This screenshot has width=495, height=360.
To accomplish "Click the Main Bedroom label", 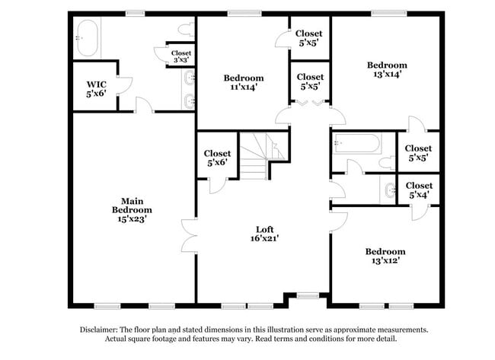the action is [x=132, y=210].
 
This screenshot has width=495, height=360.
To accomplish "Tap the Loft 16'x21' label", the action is [x=264, y=234].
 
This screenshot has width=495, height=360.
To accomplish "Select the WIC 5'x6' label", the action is [x=96, y=89].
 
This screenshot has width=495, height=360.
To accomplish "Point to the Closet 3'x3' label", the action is [x=181, y=56].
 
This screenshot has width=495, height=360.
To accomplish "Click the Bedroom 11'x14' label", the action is [x=244, y=82].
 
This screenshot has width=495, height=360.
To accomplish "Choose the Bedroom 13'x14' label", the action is [x=387, y=69].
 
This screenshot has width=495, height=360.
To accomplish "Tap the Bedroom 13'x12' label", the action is [x=385, y=256].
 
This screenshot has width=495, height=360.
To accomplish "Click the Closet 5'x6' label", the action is [x=217, y=158].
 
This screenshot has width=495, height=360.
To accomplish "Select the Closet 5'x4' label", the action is [x=419, y=190].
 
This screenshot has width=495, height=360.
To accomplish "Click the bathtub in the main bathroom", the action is [x=87, y=38].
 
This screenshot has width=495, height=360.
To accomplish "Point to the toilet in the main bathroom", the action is [x=186, y=30].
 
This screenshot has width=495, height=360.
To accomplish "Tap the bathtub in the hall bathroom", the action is [x=356, y=144].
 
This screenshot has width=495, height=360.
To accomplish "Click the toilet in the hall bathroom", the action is [x=387, y=163].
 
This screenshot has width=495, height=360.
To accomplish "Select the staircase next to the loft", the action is [x=262, y=156].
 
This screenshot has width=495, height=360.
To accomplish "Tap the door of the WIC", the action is [x=124, y=85].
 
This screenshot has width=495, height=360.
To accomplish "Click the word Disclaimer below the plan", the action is [x=98, y=330].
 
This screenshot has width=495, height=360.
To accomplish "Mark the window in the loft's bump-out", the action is [x=308, y=295].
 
